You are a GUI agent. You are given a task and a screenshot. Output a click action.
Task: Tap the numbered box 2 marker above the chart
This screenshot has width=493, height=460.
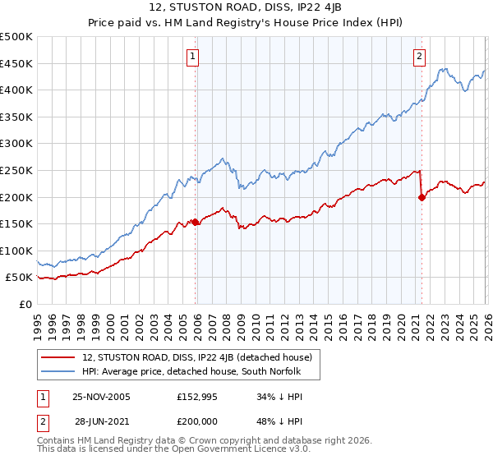[x=419, y=57]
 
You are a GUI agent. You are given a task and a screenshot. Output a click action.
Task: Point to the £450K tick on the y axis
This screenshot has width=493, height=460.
[x=16, y=63]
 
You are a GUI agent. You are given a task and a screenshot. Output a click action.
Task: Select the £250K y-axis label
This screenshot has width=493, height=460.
[x=16, y=170]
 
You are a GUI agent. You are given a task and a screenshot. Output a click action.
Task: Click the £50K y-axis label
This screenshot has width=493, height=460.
[x=20, y=278]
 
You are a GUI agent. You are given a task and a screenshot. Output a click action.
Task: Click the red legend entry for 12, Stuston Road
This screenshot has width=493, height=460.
[x=196, y=357]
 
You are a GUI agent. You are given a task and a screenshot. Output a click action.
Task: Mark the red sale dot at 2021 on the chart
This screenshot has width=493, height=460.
[x=422, y=197]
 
